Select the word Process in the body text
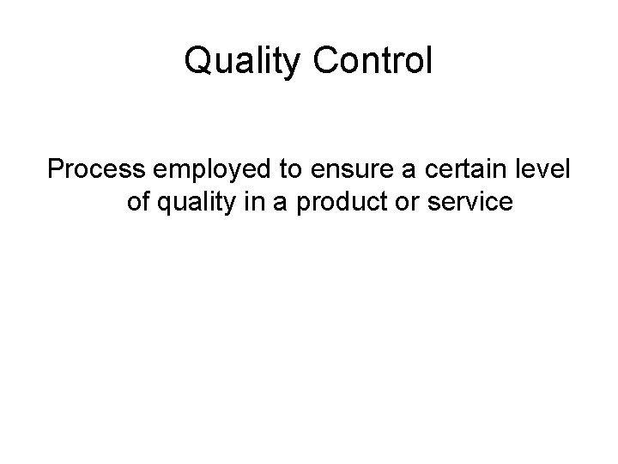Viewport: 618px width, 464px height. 96,170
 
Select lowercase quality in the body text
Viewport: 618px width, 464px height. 195,204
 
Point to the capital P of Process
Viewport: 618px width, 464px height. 57,170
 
